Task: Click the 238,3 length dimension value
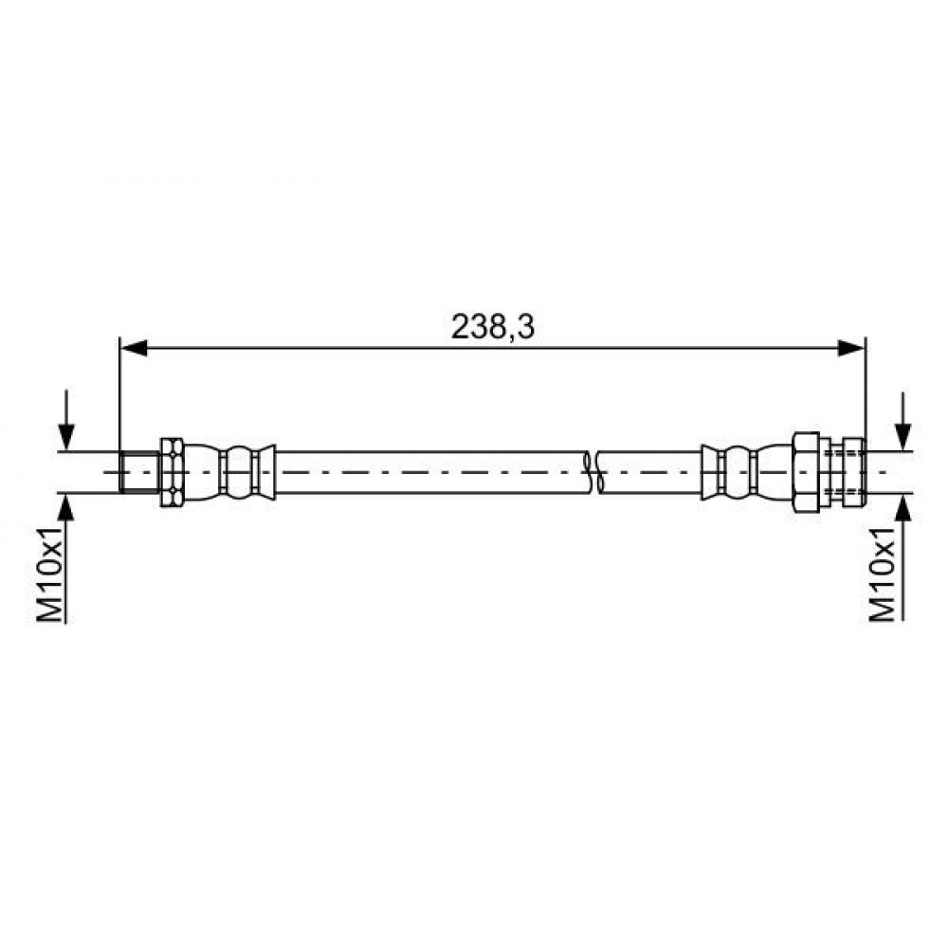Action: [493, 327]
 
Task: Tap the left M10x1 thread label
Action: [51, 574]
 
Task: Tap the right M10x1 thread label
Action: [882, 574]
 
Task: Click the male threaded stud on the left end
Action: [139, 472]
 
